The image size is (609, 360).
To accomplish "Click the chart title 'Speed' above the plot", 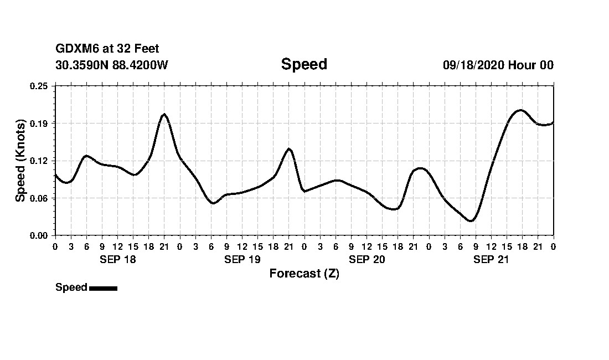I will click(304, 64).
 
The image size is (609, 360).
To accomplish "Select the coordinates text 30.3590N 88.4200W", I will click(112, 65).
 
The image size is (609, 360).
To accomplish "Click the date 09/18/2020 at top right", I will click(473, 65).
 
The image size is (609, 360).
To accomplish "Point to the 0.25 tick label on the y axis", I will click(39, 86).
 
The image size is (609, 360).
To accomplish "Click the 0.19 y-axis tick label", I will click(39, 123).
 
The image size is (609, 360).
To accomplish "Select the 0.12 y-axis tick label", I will click(39, 161).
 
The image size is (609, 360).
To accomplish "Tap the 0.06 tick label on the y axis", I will click(39, 198).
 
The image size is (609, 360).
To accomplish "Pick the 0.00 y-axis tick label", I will click(39, 235).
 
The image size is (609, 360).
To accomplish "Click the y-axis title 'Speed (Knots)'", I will click(20, 161).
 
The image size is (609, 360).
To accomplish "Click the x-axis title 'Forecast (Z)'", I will click(304, 274).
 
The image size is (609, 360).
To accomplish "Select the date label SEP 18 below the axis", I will click(117, 259).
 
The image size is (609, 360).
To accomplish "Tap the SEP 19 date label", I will click(242, 259).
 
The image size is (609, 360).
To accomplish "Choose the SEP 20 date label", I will click(367, 259).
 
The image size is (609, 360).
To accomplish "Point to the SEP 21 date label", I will click(491, 259).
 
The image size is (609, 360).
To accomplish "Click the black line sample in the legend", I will click(103, 288).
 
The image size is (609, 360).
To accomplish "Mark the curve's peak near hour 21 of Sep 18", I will click(164, 114).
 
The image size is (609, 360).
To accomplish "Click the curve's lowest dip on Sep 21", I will click(471, 221).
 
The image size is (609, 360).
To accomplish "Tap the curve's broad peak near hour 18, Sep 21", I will click(520, 110).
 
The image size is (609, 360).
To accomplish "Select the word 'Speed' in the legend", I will click(71, 287).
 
